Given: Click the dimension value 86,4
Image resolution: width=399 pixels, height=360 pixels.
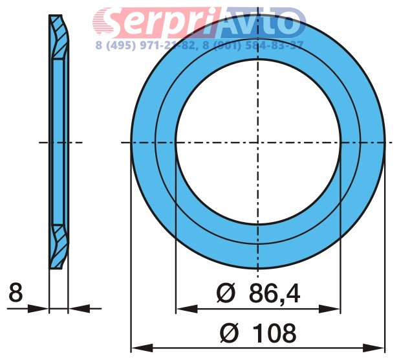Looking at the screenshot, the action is [x=275, y=293].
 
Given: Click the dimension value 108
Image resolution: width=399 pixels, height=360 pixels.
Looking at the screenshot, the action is [x=275, y=333].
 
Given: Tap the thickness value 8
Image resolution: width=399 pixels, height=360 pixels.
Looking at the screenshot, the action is [x=16, y=292].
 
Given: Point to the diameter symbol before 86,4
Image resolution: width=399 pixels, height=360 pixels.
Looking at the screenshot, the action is [x=226, y=293].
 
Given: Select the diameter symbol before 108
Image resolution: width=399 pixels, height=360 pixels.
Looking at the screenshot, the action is [x=229, y=333].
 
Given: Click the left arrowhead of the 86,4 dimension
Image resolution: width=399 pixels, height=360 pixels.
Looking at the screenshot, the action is [x=186, y=309].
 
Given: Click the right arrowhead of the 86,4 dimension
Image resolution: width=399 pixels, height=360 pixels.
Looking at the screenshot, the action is [x=329, y=309].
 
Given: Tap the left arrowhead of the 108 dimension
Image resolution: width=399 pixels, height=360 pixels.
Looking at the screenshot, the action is [x=142, y=348].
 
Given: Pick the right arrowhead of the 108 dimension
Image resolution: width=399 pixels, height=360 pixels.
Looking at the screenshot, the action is [x=374, y=348].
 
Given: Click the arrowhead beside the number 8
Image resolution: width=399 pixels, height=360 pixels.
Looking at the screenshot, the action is [x=38, y=309].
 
